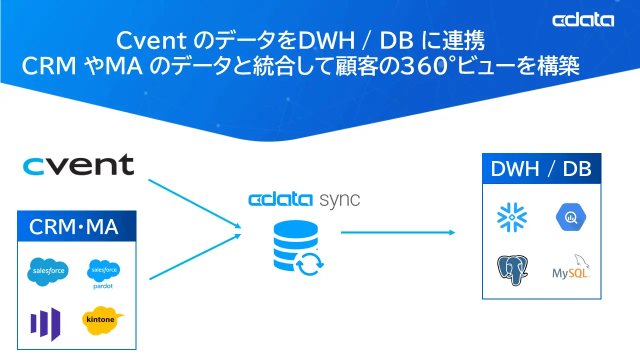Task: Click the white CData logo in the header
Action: coord(583,20)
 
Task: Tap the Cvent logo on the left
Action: coord(78,165)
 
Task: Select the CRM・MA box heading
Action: coord(74,226)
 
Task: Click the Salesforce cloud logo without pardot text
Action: coord(47,271)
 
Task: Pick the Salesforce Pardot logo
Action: coord(103,273)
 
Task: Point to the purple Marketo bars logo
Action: coord(45,323)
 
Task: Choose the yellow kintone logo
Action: coord(102,320)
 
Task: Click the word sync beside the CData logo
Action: coord(339,200)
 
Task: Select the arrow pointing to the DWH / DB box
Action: coord(397,232)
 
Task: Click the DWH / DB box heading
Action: coord(541,169)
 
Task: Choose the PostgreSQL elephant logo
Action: coord(512,269)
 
